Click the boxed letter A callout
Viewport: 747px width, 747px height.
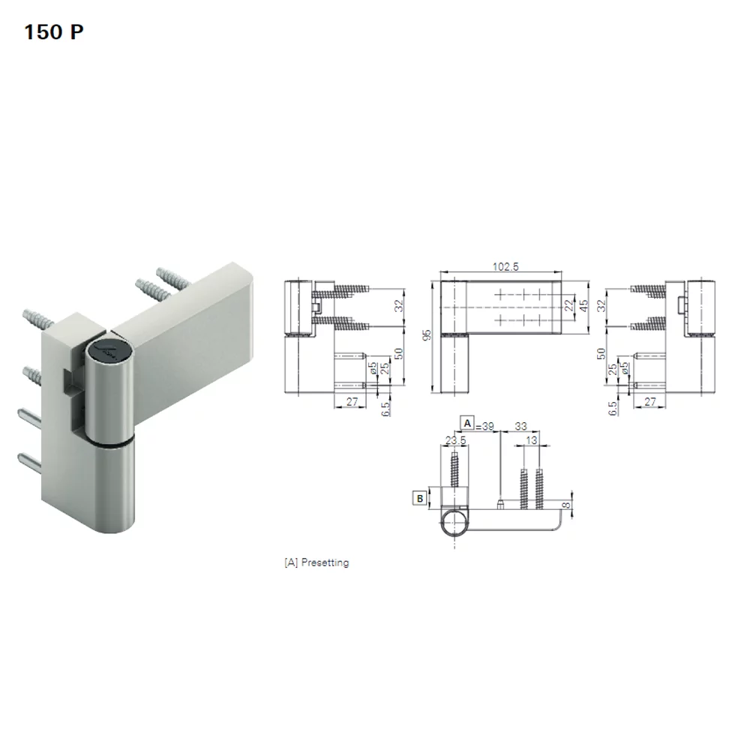coord(468,423)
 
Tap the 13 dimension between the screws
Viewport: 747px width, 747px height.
coord(532,440)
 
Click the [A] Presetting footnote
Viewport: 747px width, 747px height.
coord(316,562)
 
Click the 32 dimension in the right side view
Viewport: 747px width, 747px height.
coord(600,306)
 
